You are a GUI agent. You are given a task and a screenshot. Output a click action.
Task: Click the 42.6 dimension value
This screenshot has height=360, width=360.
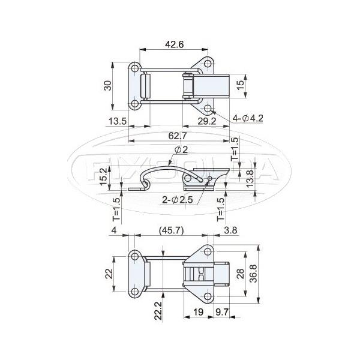(x=174, y=44)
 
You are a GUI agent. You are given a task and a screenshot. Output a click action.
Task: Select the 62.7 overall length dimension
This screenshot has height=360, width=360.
(x=178, y=136)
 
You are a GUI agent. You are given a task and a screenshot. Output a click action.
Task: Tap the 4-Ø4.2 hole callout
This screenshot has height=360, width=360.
(x=248, y=118)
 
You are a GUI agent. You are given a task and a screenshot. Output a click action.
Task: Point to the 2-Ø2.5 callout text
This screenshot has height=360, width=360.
(x=177, y=200)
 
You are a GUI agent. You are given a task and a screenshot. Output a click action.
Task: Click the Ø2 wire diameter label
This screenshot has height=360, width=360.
(x=181, y=149)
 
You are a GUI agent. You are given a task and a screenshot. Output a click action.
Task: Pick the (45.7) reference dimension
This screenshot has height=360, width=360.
(x=172, y=230)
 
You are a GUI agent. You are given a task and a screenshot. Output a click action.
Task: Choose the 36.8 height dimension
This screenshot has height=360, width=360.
(x=254, y=273)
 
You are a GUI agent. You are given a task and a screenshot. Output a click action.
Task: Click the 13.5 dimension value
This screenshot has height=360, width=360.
(x=118, y=121)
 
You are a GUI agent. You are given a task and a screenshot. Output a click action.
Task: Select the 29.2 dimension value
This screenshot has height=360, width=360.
(x=207, y=121)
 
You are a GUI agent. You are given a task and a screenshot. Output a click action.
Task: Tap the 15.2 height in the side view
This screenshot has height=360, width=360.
(x=104, y=176)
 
